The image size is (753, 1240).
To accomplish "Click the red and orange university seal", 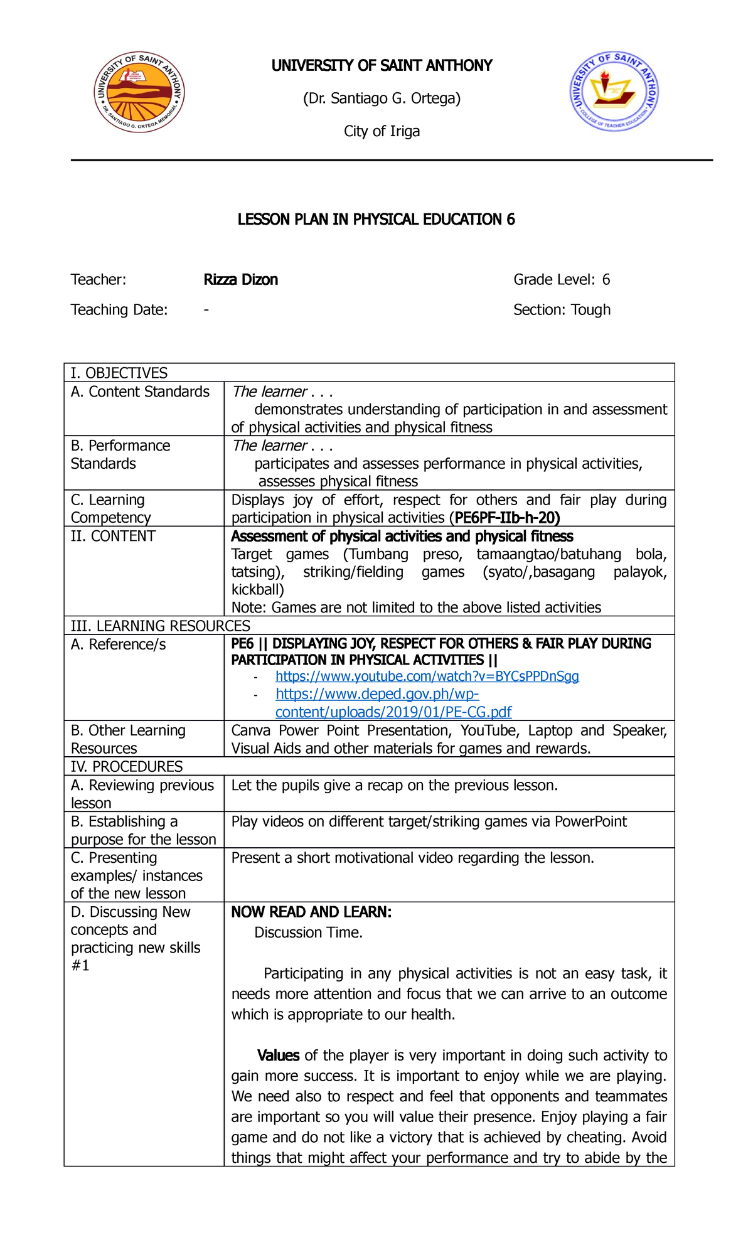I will (139, 92).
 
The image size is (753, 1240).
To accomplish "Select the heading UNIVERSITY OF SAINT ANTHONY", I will (382, 66).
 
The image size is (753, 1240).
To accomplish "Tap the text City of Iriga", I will (382, 131).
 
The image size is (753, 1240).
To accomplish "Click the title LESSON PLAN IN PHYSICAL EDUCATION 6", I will (376, 219).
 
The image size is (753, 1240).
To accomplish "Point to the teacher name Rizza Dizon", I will (240, 280).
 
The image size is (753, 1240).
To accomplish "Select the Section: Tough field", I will (562, 310).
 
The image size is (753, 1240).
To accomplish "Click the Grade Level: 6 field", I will (562, 280).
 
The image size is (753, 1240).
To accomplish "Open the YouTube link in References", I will (427, 676).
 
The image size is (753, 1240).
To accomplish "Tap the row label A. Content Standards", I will (140, 392).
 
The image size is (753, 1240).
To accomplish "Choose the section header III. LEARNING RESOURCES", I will (160, 626).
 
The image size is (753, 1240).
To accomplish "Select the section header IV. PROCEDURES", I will (127, 766).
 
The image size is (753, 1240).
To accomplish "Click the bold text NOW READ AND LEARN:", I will (311, 912).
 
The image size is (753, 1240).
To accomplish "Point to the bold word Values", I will (278, 1056).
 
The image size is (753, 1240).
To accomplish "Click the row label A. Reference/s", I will (118, 644).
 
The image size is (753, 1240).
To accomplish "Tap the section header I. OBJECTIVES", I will (119, 373).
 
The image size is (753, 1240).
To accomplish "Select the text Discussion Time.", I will (308, 933).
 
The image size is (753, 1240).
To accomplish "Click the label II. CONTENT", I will (113, 537).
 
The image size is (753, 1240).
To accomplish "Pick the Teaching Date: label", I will (119, 310).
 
